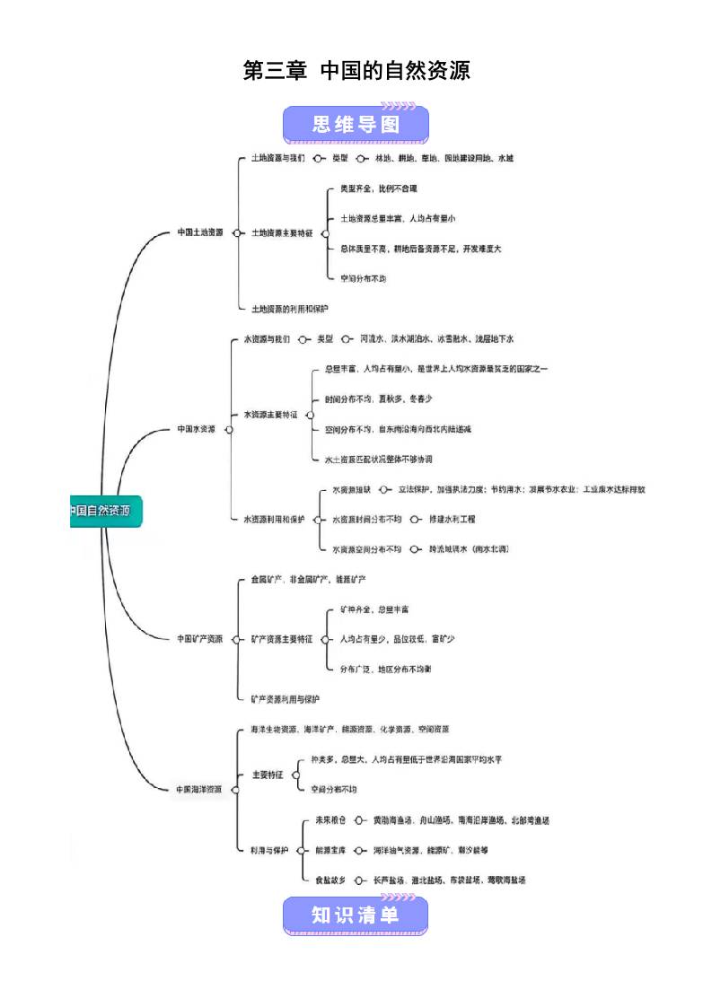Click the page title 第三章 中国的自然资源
356,71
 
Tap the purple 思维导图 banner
356,125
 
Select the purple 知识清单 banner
356,915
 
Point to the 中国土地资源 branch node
199,232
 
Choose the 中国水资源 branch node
196,429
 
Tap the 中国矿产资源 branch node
199,639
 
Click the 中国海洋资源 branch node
198,789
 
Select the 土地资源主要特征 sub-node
282,233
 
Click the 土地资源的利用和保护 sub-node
289,308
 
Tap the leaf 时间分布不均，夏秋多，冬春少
378,398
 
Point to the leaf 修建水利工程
452,519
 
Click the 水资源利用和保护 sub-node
274,519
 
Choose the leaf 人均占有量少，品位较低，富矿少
397,639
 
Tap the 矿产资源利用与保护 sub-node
285,698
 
